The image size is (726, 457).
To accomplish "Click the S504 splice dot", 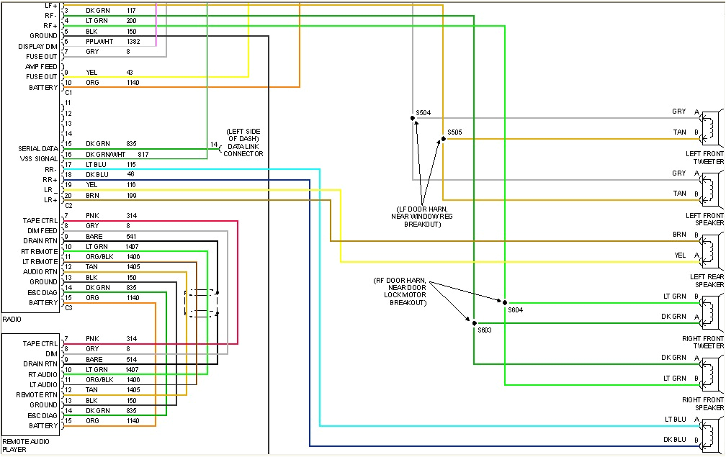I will coord(413,118).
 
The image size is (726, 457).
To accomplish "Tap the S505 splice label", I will coord(454,132).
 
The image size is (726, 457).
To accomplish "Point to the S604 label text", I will coord(515,310).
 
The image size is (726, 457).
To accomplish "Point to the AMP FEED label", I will coord(41,67).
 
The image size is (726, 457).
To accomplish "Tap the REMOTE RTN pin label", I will coord(37,394).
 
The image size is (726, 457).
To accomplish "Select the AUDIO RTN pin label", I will coord(40,272).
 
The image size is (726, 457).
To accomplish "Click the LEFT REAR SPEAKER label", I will coord(707,281).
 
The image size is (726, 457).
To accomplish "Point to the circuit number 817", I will coord(143,154).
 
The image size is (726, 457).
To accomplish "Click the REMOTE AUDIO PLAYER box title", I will coord(21,445).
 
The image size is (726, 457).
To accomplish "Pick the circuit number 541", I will coord(132,237).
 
